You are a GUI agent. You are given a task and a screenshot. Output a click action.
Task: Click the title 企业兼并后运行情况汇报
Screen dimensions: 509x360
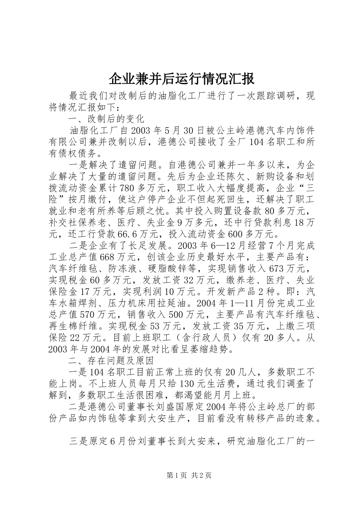(x=182, y=79)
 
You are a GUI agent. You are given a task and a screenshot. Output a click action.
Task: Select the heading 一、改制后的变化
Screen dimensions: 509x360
(x=107, y=119)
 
